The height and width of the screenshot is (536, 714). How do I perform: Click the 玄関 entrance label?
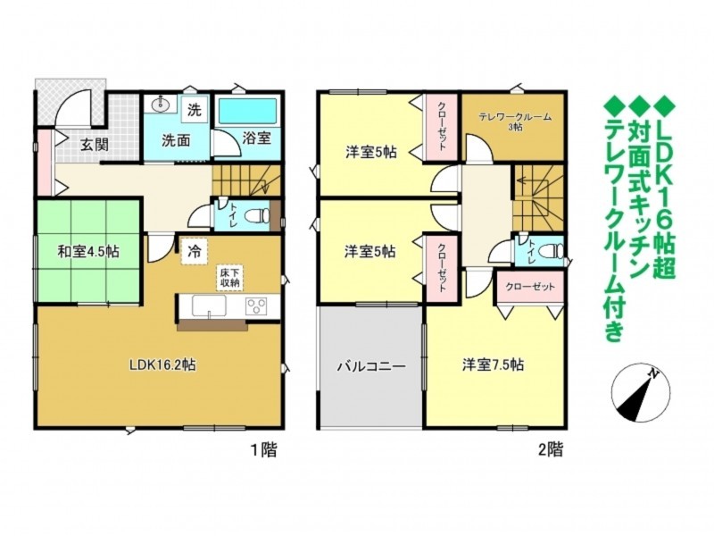(95, 145)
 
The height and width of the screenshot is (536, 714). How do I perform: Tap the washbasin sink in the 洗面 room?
(160, 105)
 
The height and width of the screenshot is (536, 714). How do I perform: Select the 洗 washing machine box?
(195, 110)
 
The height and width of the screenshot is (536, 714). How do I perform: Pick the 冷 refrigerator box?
(195, 252)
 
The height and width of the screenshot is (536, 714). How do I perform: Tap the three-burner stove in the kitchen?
(256, 306)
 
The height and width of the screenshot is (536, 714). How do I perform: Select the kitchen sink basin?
(209, 305)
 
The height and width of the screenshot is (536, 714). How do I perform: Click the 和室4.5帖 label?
(88, 251)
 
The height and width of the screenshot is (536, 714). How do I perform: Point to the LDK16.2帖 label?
(162, 364)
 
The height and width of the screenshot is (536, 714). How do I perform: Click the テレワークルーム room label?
(515, 118)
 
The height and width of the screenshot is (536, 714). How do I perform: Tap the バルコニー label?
(371, 366)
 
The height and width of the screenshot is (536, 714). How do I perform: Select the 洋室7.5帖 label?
(494, 365)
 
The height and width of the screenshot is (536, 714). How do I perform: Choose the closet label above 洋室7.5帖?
(530, 287)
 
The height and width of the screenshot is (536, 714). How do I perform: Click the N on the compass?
(654, 373)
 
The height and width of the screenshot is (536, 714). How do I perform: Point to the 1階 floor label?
(264, 450)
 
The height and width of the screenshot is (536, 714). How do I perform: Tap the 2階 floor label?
(551, 450)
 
